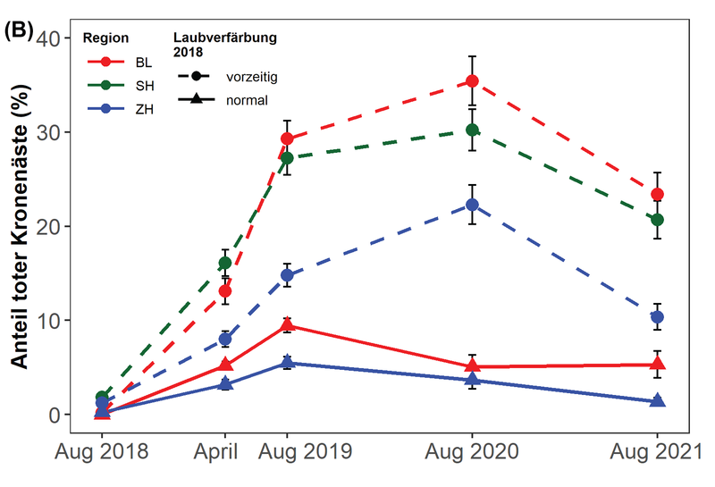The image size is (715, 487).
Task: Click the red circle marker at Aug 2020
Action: point(472,81)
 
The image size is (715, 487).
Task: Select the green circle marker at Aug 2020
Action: point(472,130)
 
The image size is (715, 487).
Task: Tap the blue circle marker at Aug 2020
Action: point(472,205)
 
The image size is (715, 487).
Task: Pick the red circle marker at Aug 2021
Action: point(658,195)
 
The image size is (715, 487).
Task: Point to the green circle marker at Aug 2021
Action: point(658,220)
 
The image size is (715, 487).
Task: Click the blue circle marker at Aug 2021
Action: point(658,317)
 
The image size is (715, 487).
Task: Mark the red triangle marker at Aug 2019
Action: point(288,326)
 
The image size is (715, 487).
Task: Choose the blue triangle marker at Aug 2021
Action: point(658,401)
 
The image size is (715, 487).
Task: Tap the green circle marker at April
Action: point(225,263)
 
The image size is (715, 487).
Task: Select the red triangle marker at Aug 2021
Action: point(658,364)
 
